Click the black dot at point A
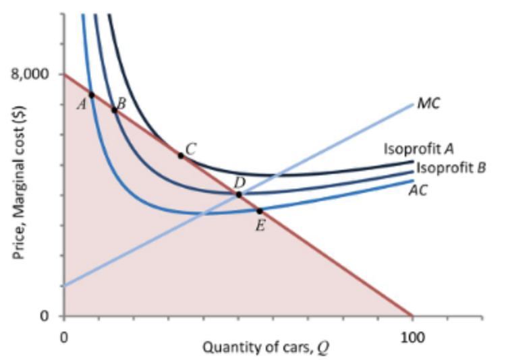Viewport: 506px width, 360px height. coord(92,95)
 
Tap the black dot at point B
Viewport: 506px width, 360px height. coord(114,110)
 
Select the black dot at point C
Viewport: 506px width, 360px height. coord(180,156)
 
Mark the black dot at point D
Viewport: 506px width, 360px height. coord(239,194)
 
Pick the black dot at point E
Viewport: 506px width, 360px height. coord(260,211)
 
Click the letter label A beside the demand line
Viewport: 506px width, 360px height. coord(81,104)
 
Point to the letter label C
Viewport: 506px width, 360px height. coord(191,147)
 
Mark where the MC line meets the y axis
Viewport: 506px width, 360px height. coord(65,286)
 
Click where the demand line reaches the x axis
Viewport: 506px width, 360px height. coord(412,315)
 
